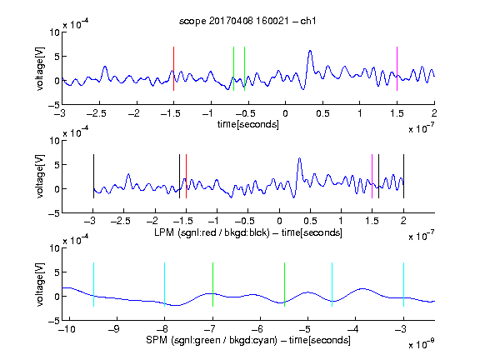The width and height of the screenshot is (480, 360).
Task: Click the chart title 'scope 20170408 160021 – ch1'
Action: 247,21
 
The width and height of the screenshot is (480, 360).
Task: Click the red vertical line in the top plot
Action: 173,68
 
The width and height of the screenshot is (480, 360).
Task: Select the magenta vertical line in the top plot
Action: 397,68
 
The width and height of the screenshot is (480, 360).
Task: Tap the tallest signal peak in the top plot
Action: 310,51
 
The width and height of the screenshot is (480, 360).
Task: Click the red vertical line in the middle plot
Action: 186,177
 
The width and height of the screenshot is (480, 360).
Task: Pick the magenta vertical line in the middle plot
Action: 372,177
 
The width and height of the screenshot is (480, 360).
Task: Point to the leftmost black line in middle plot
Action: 93,177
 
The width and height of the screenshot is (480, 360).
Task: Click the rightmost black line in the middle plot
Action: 403,177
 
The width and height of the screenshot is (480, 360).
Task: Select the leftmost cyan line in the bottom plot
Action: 93,284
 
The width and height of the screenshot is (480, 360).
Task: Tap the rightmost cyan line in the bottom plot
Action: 403,284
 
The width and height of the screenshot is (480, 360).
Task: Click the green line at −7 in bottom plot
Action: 212,284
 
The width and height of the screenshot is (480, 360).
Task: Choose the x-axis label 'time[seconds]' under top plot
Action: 248,124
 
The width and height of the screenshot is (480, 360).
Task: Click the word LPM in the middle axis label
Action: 164,232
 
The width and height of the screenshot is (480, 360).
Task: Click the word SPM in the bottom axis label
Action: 157,340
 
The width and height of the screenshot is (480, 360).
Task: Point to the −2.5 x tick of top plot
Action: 97,113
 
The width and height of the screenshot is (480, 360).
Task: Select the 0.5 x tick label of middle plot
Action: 310,221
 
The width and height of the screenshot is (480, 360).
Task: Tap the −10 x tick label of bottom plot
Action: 67,329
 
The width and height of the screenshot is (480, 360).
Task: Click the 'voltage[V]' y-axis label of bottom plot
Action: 40,284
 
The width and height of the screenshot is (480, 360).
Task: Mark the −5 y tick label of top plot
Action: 54,105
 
